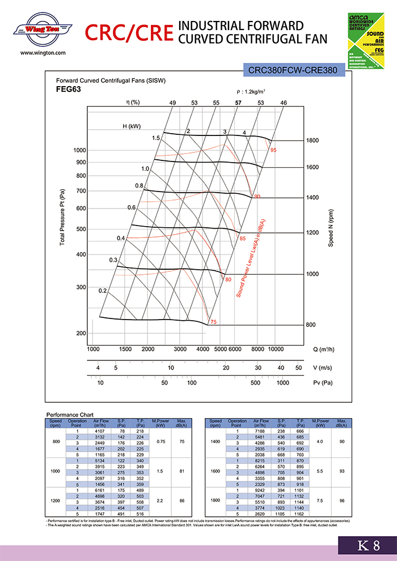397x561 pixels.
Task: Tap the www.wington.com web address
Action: pyautogui.click(x=43, y=53)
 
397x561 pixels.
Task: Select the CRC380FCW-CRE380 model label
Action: pyautogui.click(x=293, y=71)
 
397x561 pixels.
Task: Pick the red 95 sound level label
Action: pyautogui.click(x=273, y=150)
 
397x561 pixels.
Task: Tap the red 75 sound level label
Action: pyautogui.click(x=214, y=322)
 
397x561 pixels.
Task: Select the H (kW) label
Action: pyautogui.click(x=132, y=126)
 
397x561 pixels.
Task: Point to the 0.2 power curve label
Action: pyautogui.click(x=103, y=291)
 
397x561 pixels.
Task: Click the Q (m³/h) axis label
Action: pyautogui.click(x=326, y=349)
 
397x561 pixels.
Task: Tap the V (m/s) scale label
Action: pyautogui.click(x=323, y=368)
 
